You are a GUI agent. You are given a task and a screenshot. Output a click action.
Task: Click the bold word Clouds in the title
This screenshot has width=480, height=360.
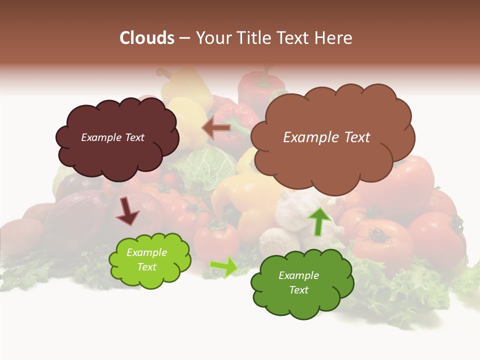point(146,38)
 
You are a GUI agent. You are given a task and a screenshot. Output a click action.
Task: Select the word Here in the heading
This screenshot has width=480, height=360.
point(333,38)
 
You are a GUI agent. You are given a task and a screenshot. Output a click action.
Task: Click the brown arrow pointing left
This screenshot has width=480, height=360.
point(216,128)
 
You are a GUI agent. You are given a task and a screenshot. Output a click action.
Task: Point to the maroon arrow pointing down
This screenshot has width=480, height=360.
point(127,210)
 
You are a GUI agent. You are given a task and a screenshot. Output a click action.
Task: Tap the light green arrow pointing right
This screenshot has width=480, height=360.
point(224,266)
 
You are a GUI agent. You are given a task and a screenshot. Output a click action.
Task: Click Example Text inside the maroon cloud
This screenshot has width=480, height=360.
point(112,137)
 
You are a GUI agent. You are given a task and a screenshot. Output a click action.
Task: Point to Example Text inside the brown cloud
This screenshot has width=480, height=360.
point(326,137)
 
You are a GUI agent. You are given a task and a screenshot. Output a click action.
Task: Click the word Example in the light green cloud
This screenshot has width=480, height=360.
point(146,252)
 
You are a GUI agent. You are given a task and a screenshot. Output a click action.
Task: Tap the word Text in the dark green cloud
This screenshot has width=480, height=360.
point(298,290)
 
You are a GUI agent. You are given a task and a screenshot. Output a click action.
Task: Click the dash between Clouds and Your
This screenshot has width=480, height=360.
point(184,38)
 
